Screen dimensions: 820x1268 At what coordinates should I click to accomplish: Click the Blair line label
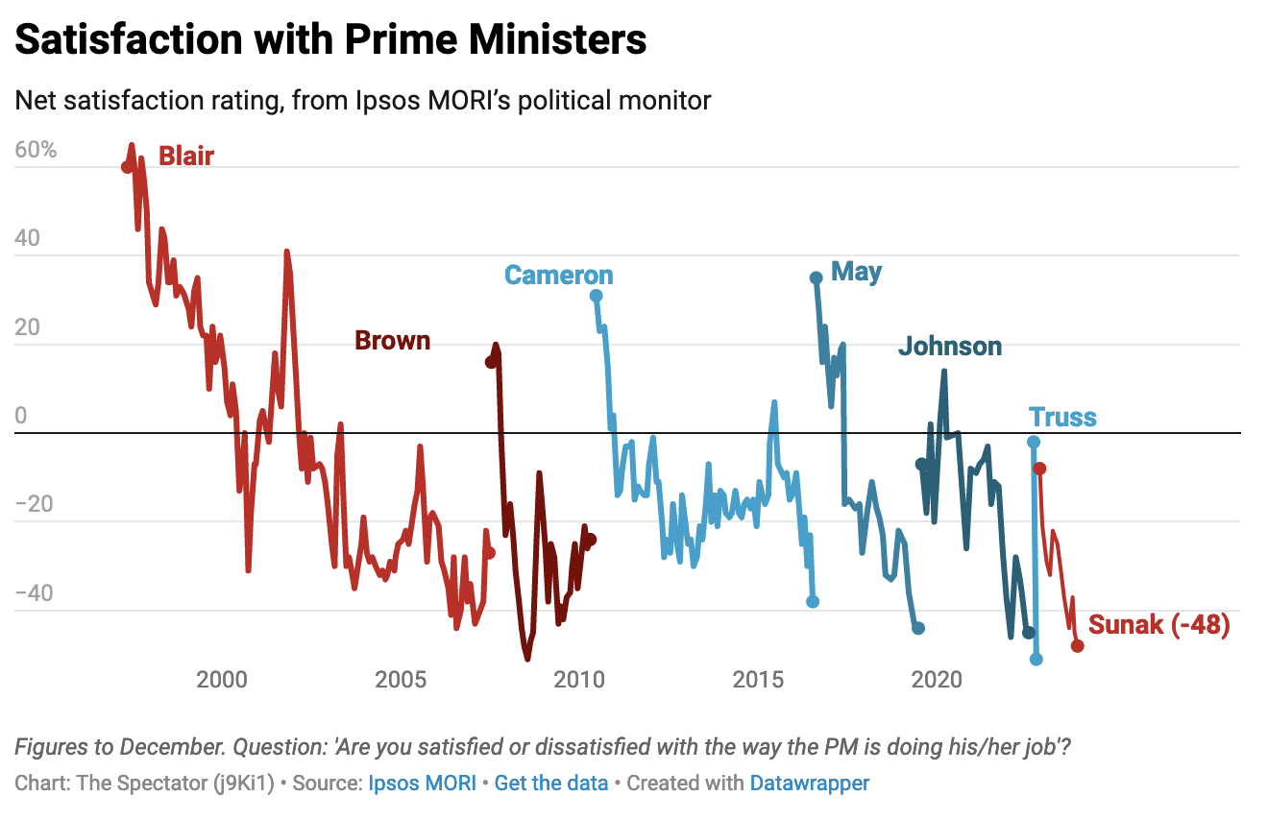coord(185,156)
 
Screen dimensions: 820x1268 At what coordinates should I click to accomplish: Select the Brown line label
coord(392,340)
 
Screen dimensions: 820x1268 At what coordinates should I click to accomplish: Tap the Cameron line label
coord(558,276)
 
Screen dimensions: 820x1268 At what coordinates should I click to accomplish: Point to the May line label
coord(856,272)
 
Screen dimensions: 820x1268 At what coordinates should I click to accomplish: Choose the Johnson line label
coord(949,347)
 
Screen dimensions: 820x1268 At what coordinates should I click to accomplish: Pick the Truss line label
coord(1062,418)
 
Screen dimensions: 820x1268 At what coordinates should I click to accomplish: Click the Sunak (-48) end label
coord(1158,626)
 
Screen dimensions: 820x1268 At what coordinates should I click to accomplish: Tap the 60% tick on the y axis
coord(37,151)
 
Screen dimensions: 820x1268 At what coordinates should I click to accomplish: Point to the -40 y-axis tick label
coord(36,593)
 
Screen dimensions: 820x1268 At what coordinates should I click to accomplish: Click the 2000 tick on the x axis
coord(222,681)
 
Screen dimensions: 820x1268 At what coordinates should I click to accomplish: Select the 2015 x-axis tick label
coord(758,681)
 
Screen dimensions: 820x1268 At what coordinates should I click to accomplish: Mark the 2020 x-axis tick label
coord(937,681)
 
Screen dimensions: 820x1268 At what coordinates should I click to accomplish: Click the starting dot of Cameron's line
coord(596,296)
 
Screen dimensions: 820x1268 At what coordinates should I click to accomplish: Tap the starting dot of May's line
coord(816,277)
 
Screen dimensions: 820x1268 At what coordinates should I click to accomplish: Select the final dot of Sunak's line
coord(1077,645)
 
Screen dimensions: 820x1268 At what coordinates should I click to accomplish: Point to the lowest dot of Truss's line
coord(1036,659)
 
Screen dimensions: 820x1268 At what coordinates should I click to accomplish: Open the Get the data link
coord(550,783)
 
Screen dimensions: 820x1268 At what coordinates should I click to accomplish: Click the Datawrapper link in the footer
coord(809,783)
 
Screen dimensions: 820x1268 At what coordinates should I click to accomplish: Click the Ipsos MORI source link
coord(422,783)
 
